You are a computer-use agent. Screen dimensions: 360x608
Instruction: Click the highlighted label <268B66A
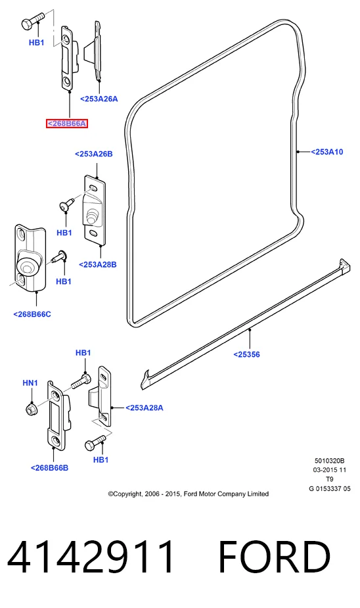[x=66, y=124]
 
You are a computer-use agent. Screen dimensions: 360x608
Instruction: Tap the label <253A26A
[x=99, y=99]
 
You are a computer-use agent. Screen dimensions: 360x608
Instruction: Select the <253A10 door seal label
[x=327, y=152]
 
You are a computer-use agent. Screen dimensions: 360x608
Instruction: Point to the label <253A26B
[x=94, y=154]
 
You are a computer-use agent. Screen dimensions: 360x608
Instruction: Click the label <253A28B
[x=98, y=264]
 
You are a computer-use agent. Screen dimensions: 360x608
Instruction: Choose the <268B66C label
[x=32, y=314]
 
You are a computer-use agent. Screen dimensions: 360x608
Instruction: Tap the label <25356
[x=246, y=354]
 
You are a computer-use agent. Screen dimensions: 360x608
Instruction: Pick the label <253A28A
[x=144, y=408]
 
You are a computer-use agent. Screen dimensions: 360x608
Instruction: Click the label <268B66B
[x=50, y=468]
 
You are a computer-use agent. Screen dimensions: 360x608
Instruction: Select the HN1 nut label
[x=30, y=383]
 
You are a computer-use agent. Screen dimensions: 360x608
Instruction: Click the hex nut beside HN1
[x=31, y=409]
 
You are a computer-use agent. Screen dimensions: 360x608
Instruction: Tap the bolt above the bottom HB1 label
[x=95, y=442]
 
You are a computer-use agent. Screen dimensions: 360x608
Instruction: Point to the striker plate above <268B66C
[x=30, y=258]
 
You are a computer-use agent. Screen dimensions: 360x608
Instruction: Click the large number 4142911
[x=91, y=557]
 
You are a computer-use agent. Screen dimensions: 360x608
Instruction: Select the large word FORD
[x=275, y=557]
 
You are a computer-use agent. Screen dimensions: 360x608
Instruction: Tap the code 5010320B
[x=329, y=461]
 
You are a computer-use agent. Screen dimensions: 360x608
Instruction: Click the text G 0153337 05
[x=329, y=488]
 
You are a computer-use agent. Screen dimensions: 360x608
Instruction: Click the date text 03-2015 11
[x=329, y=470]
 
